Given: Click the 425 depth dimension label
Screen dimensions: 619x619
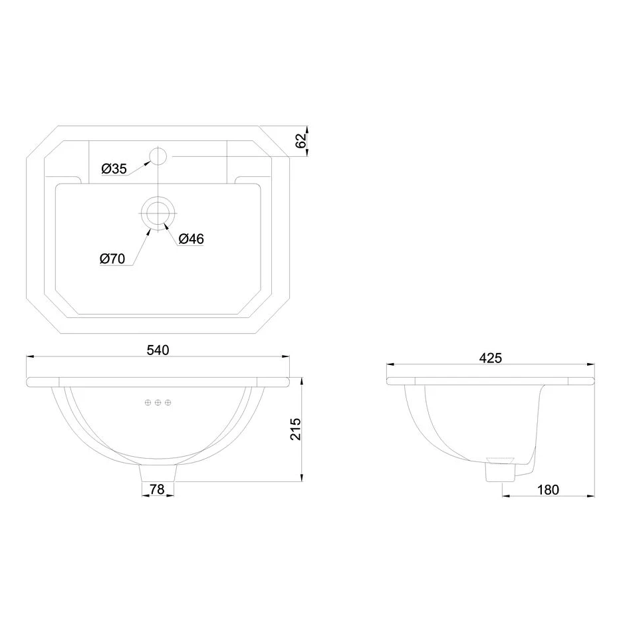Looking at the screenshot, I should tap(490, 357).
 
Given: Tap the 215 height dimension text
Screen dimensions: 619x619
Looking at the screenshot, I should tap(297, 429).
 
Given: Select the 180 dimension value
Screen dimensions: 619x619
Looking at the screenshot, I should tap(547, 490).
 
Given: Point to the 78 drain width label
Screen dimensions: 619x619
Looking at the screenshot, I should tap(158, 489).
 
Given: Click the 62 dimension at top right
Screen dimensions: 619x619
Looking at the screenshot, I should tap(300, 140).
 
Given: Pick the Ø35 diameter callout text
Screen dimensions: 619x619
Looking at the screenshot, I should tap(114, 169).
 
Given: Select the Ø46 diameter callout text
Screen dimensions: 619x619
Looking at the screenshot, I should tap(191, 239).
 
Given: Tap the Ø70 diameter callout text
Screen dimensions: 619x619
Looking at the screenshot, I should tap(112, 259).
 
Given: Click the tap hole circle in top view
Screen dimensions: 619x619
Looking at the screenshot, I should tap(158, 156).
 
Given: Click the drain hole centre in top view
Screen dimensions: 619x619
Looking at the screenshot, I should tap(158, 212).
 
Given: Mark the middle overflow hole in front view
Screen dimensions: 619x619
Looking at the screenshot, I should tap(158, 402).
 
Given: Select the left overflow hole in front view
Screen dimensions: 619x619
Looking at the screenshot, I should tap(148, 402).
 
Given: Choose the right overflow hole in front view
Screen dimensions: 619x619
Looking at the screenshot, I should tap(168, 402).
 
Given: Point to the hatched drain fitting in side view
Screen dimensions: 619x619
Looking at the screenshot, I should tap(501, 459).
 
